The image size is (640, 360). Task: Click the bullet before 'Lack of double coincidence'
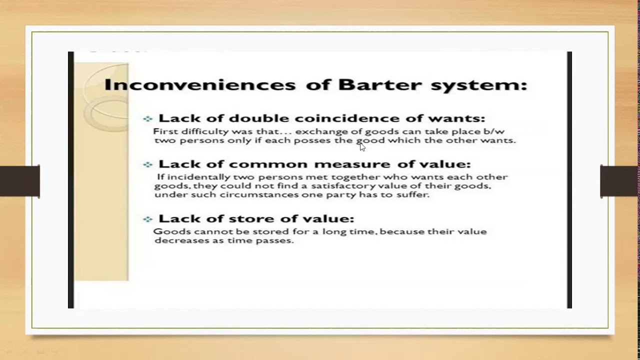[x=147, y=119]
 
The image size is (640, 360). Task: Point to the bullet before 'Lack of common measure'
[x=147, y=164]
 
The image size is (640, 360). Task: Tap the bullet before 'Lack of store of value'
[x=147, y=219]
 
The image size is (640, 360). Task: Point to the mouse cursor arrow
[x=362, y=146]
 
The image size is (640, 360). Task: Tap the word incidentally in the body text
[x=192, y=177]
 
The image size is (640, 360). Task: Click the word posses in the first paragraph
[x=312, y=140]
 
